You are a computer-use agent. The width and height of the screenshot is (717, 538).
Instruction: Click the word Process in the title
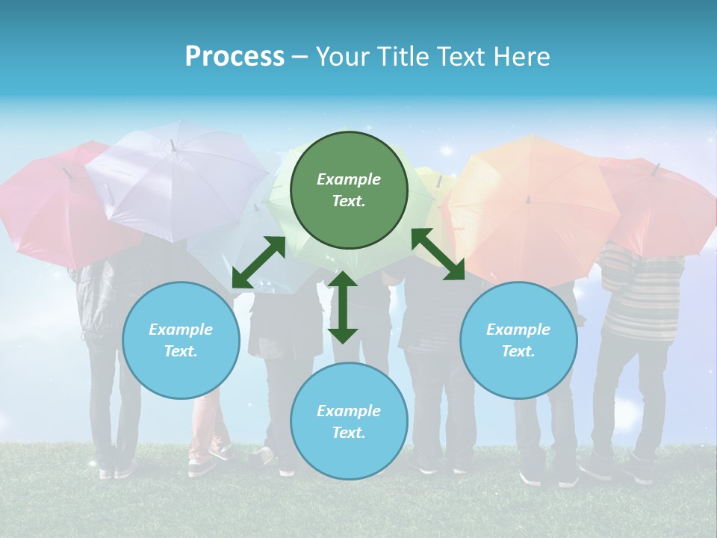[235, 57]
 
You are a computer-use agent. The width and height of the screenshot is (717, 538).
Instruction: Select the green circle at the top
[349, 190]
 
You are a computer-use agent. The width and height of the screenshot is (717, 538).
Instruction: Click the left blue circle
[181, 340]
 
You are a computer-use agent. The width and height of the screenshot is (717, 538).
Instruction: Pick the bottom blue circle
[349, 421]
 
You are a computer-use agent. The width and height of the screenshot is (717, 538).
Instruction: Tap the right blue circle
[518, 340]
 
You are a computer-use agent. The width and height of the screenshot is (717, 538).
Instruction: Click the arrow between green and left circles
[258, 262]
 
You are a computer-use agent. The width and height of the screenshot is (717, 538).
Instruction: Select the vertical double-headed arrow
[343, 307]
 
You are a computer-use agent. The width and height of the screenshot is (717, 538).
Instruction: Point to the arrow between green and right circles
[438, 254]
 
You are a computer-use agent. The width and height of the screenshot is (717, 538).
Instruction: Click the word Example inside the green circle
[349, 179]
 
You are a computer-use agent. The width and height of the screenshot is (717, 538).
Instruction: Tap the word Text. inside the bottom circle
[349, 433]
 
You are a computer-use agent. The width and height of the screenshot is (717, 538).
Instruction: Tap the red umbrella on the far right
[661, 205]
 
